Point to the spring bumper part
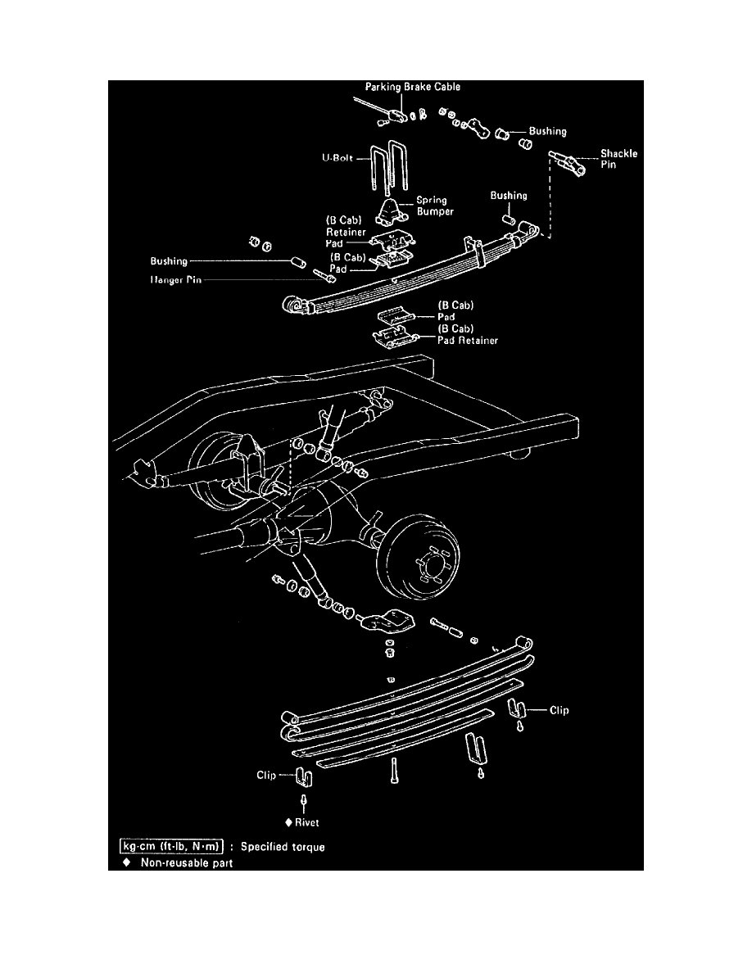[x=391, y=214]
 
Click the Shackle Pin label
[x=618, y=159]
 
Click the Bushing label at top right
[x=547, y=131]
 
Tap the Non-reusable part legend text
[x=192, y=862]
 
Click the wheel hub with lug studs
[x=429, y=564]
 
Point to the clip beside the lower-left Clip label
[x=302, y=774]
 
